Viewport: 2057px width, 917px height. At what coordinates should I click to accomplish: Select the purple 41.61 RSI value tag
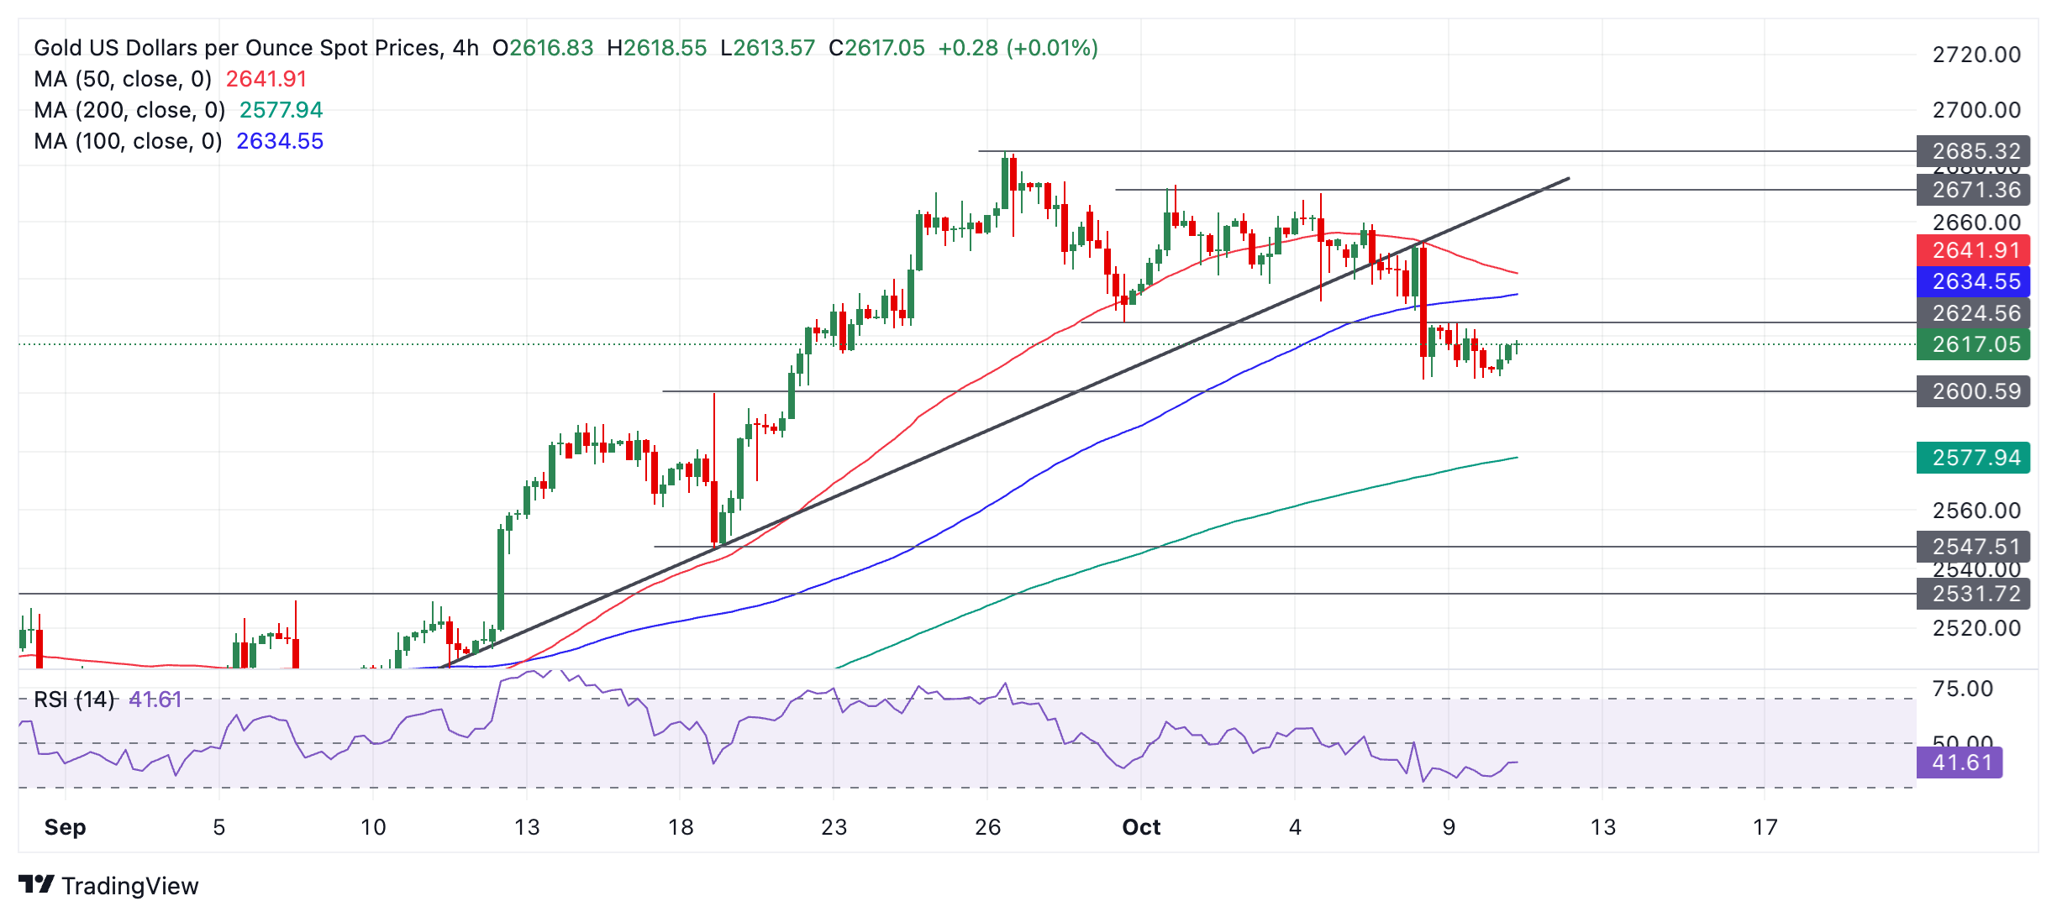(1960, 762)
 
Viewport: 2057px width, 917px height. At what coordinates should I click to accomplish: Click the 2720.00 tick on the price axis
(1976, 55)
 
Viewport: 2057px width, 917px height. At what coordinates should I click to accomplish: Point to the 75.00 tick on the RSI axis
(1962, 689)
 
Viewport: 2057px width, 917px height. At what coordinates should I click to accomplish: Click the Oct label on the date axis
(1141, 828)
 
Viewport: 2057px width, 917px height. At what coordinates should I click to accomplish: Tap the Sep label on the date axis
(65, 828)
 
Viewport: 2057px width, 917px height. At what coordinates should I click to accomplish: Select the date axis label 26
(987, 828)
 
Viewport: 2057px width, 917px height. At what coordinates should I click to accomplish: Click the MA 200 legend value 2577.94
(281, 110)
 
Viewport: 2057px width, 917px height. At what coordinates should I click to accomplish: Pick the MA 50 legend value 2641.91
(266, 79)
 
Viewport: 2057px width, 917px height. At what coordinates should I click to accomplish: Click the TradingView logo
(108, 886)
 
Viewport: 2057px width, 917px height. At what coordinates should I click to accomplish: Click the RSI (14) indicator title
(74, 700)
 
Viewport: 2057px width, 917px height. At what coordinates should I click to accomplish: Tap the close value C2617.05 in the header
(876, 48)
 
